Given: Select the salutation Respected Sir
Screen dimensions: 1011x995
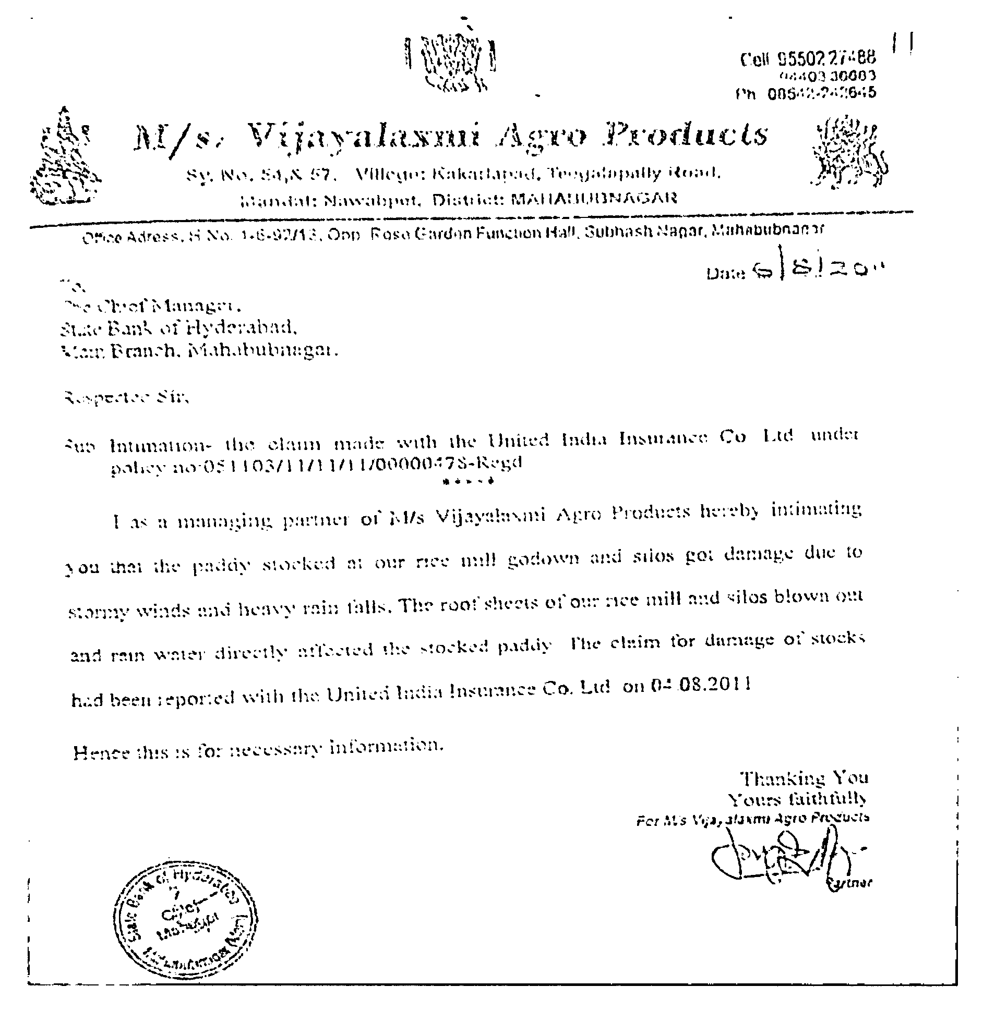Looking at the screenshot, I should coord(125,398).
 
